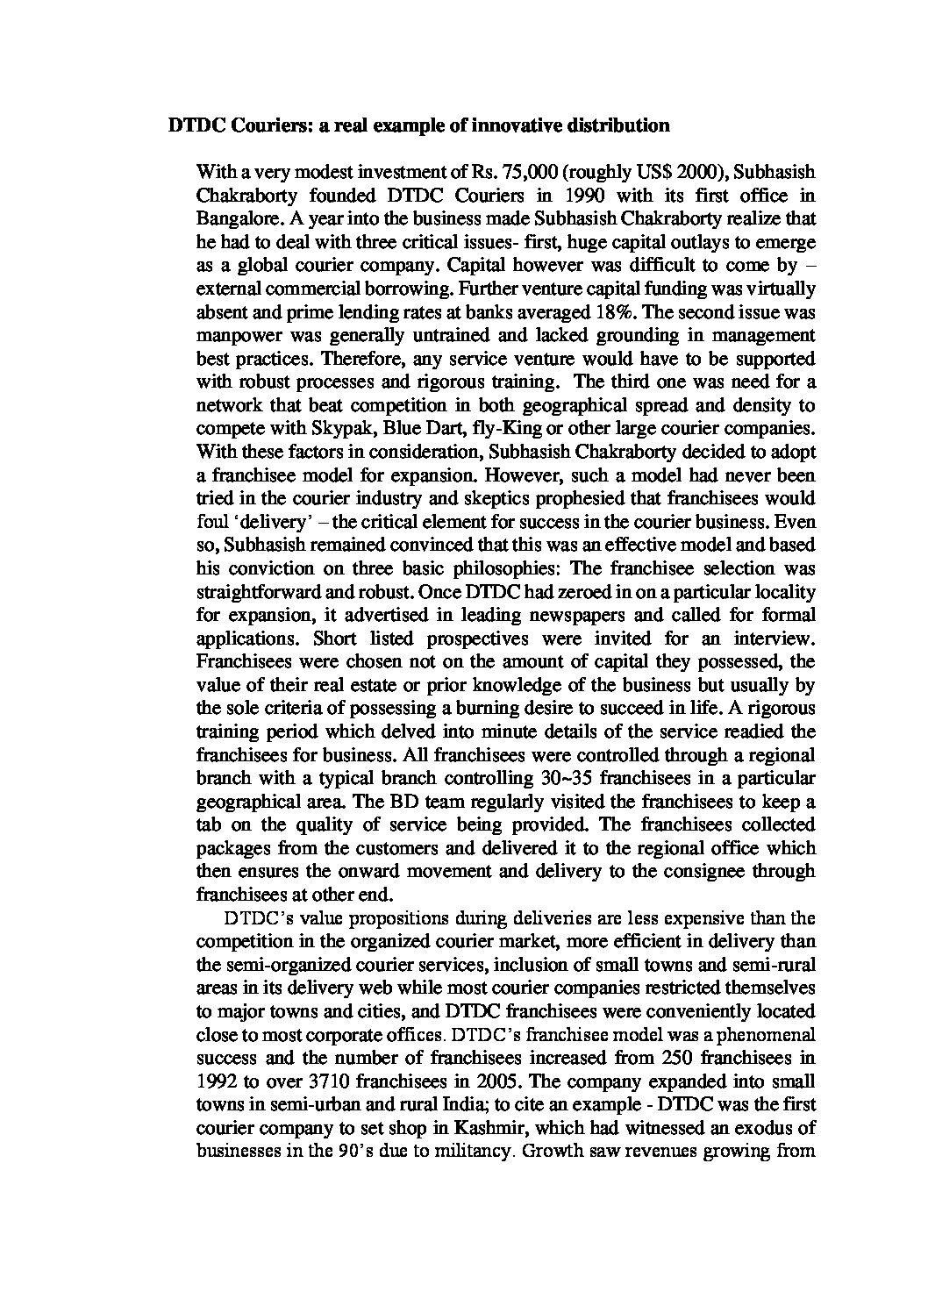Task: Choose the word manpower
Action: click(x=230, y=335)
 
